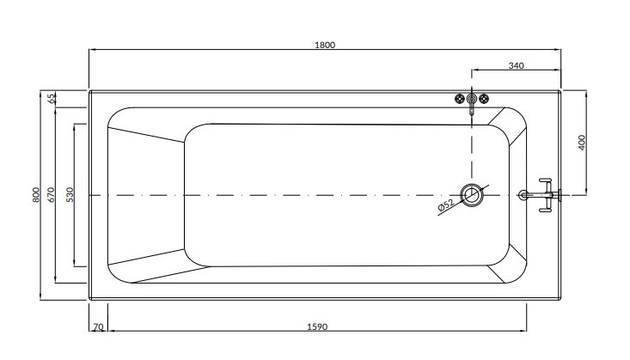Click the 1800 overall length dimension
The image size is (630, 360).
pyautogui.click(x=325, y=45)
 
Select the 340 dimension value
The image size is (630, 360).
pyautogui.click(x=517, y=65)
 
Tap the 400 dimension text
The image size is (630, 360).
pyautogui.click(x=581, y=142)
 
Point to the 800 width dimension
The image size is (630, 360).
pyautogui.click(x=36, y=195)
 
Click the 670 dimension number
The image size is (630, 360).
pyautogui.click(x=52, y=195)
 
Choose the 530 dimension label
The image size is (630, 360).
pyautogui.click(x=70, y=195)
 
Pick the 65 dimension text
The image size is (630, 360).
pyautogui.click(x=52, y=98)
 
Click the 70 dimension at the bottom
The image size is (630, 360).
pyautogui.click(x=98, y=328)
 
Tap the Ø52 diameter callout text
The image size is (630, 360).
pyautogui.click(x=446, y=204)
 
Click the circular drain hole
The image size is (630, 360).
pyautogui.click(x=472, y=195)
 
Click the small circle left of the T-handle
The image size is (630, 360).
pyautogui.click(x=523, y=195)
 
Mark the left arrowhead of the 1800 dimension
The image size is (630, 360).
pyautogui.click(x=92, y=50)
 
